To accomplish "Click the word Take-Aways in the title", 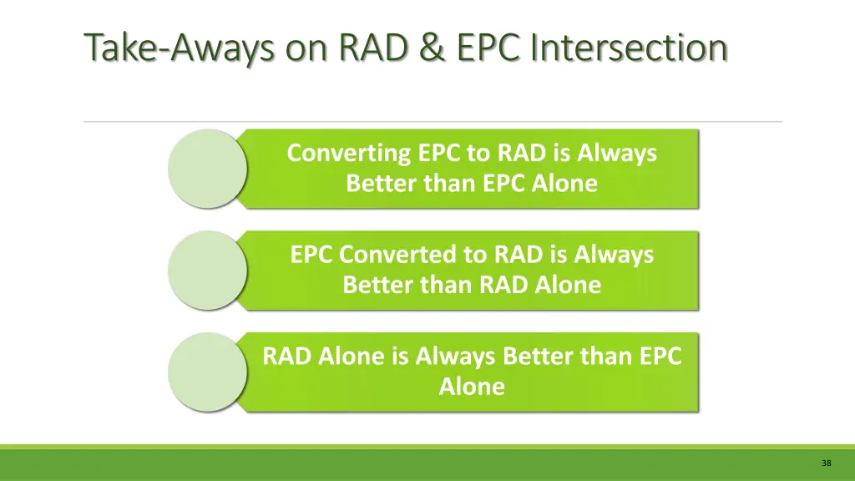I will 180,48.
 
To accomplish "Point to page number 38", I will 826,463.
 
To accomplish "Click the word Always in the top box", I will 617,154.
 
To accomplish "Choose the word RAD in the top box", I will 522,154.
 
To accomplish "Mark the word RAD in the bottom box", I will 286,357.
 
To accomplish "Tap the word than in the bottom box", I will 600,357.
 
